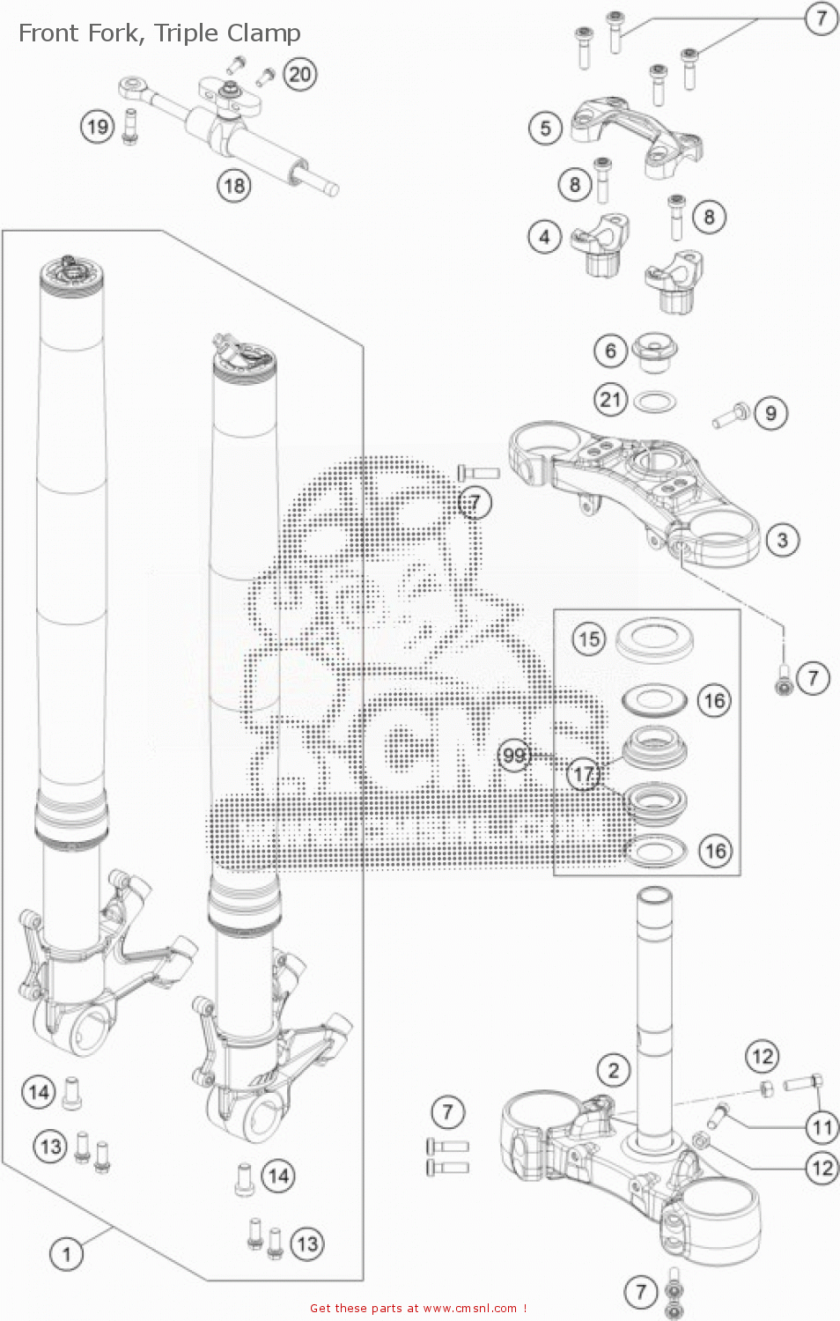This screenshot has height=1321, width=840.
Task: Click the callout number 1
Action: [x=66, y=1252]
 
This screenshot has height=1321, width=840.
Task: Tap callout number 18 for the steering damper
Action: [x=233, y=186]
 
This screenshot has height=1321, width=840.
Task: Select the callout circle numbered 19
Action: [x=97, y=127]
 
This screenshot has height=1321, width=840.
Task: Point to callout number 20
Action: [x=299, y=74]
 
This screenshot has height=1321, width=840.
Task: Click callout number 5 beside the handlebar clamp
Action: [x=545, y=129]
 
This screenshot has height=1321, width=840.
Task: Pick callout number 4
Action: [x=544, y=237]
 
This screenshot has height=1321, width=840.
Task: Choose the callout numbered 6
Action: [x=609, y=351]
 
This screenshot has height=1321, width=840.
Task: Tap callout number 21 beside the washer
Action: [x=609, y=400]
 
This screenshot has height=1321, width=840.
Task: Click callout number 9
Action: [x=770, y=413]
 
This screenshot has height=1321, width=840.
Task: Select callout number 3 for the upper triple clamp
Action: [x=782, y=540]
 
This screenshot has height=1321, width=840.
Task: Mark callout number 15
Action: [x=589, y=638]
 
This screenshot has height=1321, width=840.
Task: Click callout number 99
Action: [x=514, y=755]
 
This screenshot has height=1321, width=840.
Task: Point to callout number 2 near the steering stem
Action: [x=613, y=1070]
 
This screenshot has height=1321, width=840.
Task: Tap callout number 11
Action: [x=822, y=1126]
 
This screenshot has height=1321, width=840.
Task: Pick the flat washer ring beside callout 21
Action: [x=655, y=403]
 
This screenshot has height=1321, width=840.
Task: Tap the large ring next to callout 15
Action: [x=653, y=638]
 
